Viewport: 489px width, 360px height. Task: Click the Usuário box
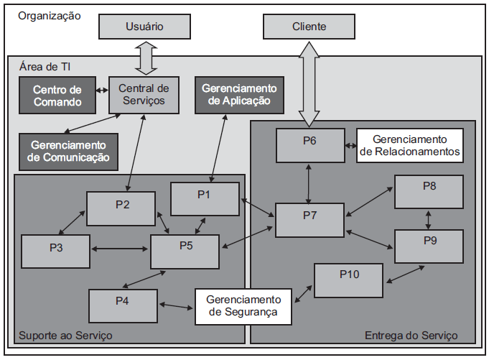(144, 27)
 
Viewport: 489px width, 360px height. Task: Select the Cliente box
(309, 27)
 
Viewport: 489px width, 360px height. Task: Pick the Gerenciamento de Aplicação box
(236, 94)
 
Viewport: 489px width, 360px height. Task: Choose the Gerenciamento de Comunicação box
(68, 151)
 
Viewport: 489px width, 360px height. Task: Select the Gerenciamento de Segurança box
(244, 305)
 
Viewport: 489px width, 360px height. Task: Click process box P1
(205, 199)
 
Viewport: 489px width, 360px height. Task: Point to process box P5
(185, 250)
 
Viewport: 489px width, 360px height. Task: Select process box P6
(309, 144)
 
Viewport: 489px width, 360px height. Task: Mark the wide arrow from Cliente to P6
(309, 83)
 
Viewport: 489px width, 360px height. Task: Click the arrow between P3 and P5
(120, 249)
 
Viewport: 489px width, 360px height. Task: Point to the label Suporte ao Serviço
(65, 335)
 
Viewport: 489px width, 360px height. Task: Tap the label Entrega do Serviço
(411, 336)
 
